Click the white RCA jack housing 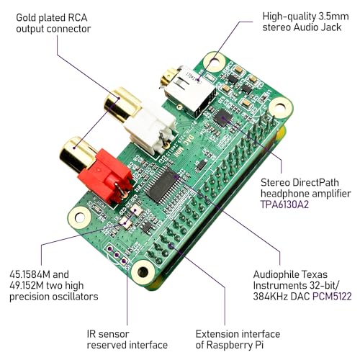(x=150, y=131)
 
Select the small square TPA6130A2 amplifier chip (x=223, y=118)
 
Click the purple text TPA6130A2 (x=284, y=204)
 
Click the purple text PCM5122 (x=332, y=297)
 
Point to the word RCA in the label (x=77, y=18)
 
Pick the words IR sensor (x=108, y=334)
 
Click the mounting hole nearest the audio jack (x=214, y=62)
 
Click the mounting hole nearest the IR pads (x=143, y=271)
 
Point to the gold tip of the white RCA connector (x=122, y=104)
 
